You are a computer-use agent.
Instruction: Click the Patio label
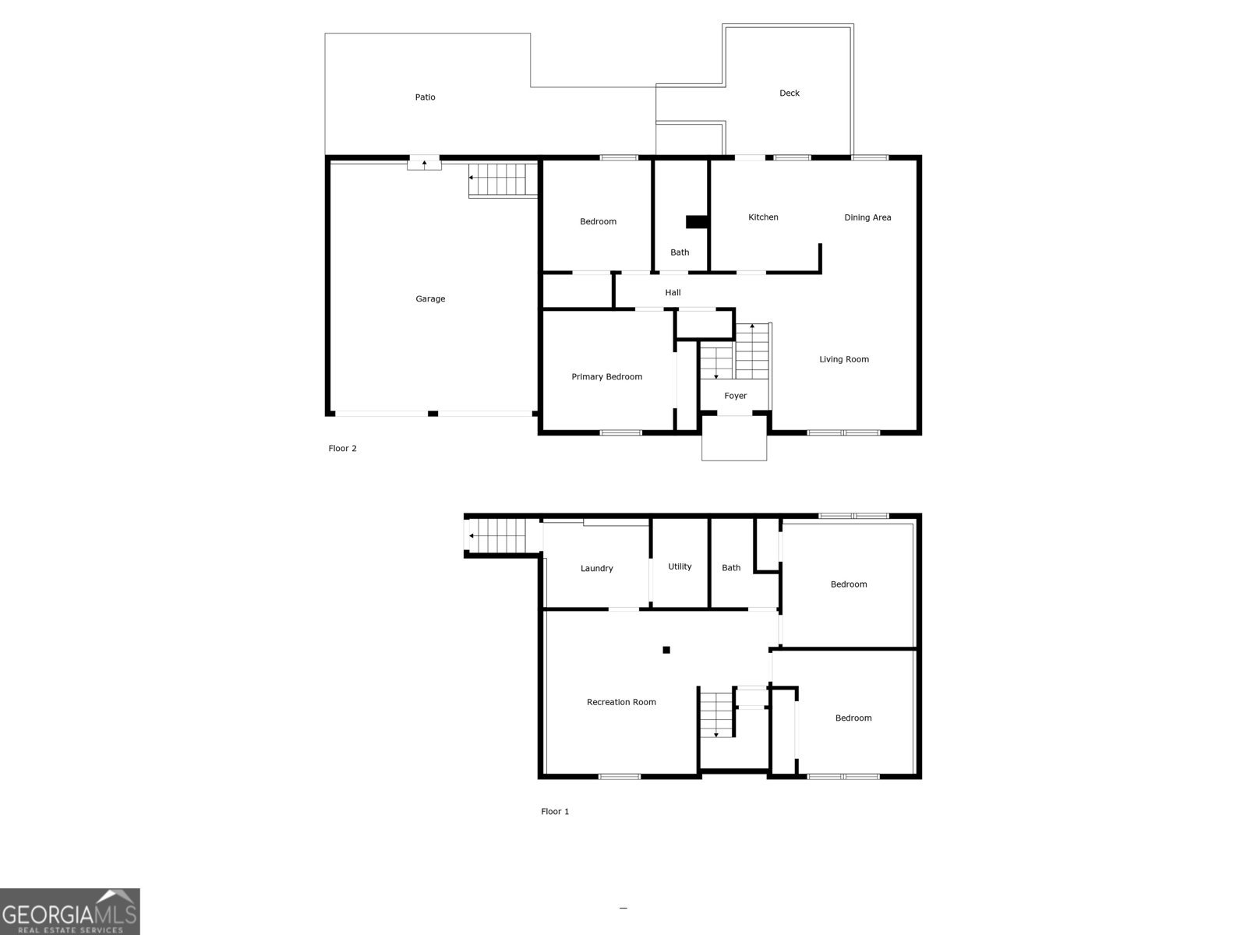425,97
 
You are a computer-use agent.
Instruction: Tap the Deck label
790,93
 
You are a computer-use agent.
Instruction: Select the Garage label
430,299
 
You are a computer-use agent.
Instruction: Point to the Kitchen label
763,217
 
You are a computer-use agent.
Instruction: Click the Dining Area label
867,217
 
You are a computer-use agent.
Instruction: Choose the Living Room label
844,359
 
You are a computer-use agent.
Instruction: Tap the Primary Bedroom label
607,377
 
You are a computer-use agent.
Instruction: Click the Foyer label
736,396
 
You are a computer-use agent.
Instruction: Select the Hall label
673,293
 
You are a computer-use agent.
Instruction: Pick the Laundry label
597,569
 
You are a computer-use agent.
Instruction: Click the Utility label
680,566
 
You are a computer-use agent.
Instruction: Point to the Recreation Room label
621,702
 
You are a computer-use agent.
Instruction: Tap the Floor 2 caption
342,449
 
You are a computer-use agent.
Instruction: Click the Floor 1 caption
555,812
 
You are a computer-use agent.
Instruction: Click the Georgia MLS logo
70,912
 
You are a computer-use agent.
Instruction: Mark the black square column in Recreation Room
666,650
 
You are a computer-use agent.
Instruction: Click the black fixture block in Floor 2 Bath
696,222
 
